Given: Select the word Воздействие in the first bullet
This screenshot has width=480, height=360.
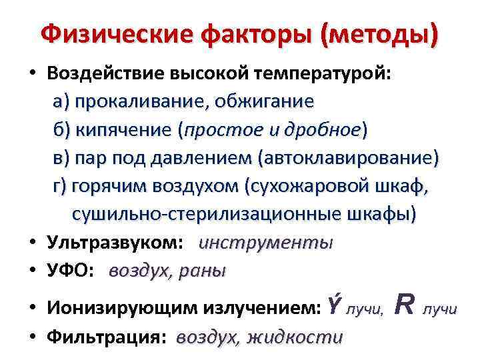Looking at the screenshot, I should pos(106,74).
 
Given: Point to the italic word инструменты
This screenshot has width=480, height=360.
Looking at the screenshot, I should pos(265,243).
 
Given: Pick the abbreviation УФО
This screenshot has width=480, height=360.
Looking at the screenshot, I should pos(71,271).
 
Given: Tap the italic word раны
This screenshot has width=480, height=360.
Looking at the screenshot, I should pos(203,271).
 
